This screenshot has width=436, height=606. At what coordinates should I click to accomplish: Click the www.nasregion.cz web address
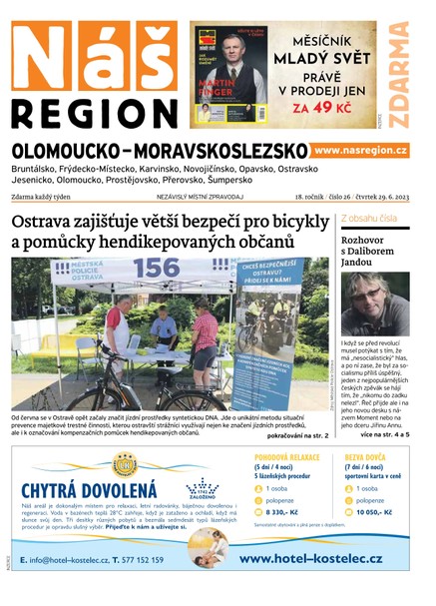coord(360,150)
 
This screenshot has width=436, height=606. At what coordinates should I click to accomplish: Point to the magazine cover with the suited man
coord(229,75)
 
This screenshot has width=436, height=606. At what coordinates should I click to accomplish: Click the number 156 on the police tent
coord(156,270)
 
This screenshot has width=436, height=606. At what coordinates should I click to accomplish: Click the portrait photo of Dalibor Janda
coord(374,303)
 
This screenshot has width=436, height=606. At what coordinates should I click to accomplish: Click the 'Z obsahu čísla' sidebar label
coord(369,217)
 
